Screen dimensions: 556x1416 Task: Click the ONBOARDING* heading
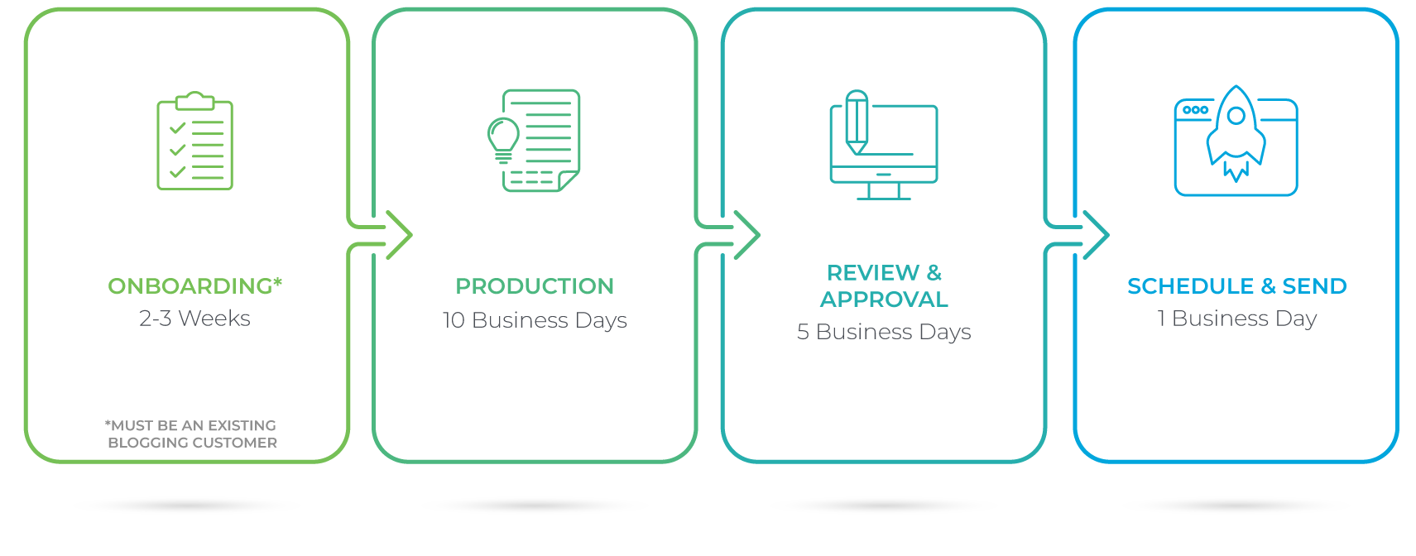pos(194,286)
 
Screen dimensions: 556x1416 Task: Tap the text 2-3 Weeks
pos(194,319)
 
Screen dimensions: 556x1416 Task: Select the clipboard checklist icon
pos(195,141)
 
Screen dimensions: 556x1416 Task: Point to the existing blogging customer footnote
pos(191,434)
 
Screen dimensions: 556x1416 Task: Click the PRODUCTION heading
pos(535,286)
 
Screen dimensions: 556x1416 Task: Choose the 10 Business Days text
pos(535,320)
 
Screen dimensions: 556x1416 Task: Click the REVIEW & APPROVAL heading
pos(884,285)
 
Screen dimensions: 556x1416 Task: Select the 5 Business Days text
pos(884,332)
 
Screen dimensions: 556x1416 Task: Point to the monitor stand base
pos(884,198)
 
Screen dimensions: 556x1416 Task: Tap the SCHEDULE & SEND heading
pos(1236,286)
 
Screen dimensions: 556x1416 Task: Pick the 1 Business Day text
pos(1236,319)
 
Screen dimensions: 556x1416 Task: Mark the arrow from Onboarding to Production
pos(397,235)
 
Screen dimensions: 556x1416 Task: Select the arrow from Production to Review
pos(745,235)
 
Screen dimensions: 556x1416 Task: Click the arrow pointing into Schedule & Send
pos(1094,235)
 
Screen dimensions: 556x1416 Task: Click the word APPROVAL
pos(884,300)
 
